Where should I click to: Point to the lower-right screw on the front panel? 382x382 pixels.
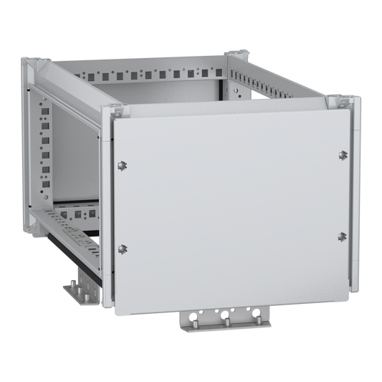point(343,236)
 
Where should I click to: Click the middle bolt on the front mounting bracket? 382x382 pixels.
point(226,323)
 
